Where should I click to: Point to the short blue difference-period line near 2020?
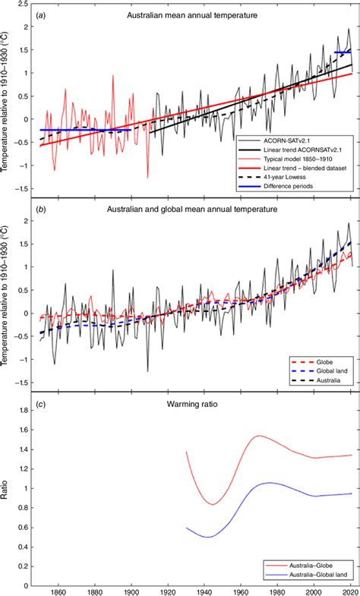(x=343, y=52)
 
